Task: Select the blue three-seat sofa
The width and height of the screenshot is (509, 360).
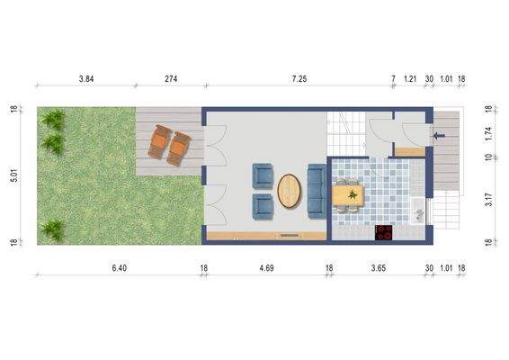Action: point(317,191)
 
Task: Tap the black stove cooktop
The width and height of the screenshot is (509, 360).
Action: point(385,233)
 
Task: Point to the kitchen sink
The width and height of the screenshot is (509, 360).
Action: point(418,214)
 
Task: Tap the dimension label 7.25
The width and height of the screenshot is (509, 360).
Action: point(299,79)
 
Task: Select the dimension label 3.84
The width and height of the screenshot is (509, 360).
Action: point(86,79)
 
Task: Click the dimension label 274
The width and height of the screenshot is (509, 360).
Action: point(170,79)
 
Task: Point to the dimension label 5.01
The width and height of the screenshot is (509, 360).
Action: point(13,176)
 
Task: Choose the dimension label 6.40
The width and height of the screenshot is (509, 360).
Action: point(119,268)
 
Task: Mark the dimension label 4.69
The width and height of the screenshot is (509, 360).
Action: point(266,268)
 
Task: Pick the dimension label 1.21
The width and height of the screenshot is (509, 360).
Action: point(410,79)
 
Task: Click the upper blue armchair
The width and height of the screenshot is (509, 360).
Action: point(263,174)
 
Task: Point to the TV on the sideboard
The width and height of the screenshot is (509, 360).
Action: point(290,236)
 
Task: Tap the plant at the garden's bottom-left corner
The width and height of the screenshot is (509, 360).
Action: point(53,228)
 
